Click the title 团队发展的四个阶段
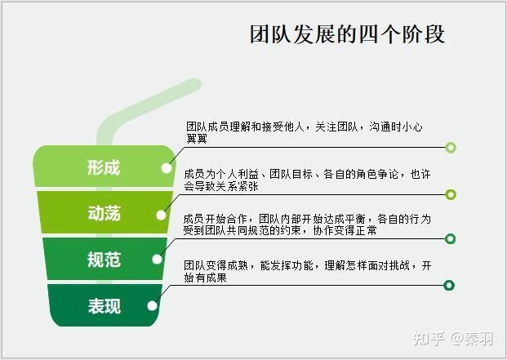tap(347, 34)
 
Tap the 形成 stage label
tap(104, 167)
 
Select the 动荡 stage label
tap(105, 213)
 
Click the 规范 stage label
tap(105, 260)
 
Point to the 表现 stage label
tap(105, 305)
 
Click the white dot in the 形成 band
tap(167, 168)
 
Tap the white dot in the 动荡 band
tap(161, 215)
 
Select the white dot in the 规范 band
tap(157, 259)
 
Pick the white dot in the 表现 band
tap(152, 305)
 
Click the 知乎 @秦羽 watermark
tap(453, 339)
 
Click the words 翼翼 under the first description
tap(197, 139)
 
